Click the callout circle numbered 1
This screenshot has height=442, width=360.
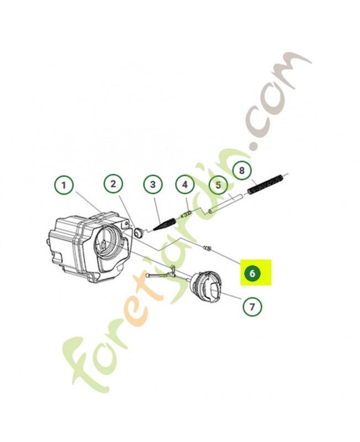(64, 186)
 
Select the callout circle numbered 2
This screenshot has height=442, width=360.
(113, 184)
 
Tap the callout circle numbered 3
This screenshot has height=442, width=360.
(152, 185)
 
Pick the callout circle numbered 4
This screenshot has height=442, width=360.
(185, 185)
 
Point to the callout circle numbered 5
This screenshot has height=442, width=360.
(218, 185)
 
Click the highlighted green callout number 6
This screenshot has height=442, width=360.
(252, 273)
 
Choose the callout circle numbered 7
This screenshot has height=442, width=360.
(252, 306)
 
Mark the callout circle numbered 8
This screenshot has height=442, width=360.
(242, 171)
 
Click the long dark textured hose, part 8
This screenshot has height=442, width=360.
(267, 185)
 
